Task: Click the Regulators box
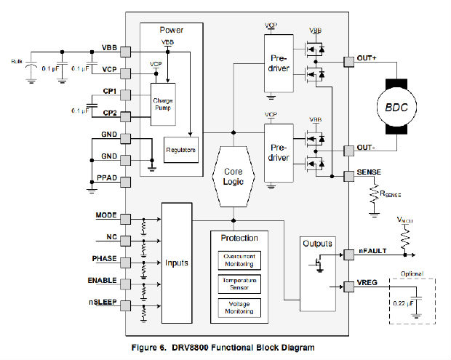pos(182,148)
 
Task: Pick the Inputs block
pos(177,261)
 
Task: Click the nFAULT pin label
pos(371,250)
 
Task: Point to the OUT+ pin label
pos(367,57)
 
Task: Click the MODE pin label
pos(105,215)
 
